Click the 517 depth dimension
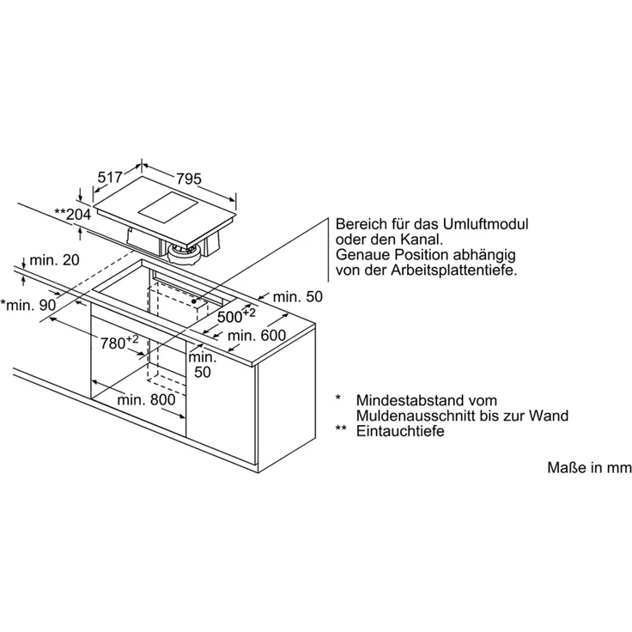click(x=110, y=177)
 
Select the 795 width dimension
click(x=189, y=179)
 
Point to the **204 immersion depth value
click(x=72, y=214)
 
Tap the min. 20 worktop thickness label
click(x=54, y=260)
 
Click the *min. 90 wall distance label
click(x=28, y=305)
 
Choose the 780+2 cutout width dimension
click(x=119, y=343)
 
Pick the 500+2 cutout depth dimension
click(x=236, y=315)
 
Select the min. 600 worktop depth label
click(x=257, y=336)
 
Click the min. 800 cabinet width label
click(x=146, y=400)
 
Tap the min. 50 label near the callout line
click(x=298, y=296)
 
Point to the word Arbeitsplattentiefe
click(x=454, y=270)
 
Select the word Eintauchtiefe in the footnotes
click(x=400, y=431)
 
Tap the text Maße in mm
click(x=589, y=467)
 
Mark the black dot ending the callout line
click(x=194, y=301)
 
